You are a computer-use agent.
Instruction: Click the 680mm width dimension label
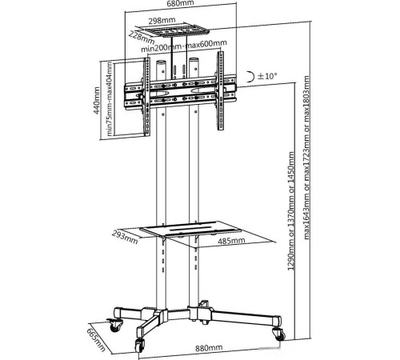pyautogui.click(x=180, y=3)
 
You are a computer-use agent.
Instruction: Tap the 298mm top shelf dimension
pyautogui.click(x=162, y=21)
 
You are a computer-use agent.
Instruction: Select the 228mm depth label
pyautogui.click(x=142, y=38)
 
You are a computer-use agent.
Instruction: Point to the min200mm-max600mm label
pyautogui.click(x=184, y=46)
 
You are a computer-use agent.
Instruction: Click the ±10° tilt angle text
pyautogui.click(x=267, y=76)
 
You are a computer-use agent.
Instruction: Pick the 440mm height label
pyautogui.click(x=96, y=101)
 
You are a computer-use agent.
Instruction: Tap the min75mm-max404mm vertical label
pyautogui.click(x=109, y=98)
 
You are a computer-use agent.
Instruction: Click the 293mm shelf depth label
pyautogui.click(x=125, y=237)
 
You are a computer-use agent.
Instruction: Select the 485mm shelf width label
pyautogui.click(x=231, y=241)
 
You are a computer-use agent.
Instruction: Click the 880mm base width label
pyautogui.click(x=209, y=348)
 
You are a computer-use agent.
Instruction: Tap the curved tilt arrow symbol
pyautogui.click(x=250, y=77)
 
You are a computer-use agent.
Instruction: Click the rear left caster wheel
pyautogui.click(x=114, y=325)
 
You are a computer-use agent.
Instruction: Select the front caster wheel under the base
pyautogui.click(x=139, y=344)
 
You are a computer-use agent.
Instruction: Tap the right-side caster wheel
pyautogui.click(x=279, y=334)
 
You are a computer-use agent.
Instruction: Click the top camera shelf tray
pyautogui.click(x=172, y=30)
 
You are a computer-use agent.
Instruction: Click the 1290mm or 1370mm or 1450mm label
pyautogui.click(x=291, y=210)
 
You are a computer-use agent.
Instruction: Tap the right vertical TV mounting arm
pyautogui.click(x=220, y=90)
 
